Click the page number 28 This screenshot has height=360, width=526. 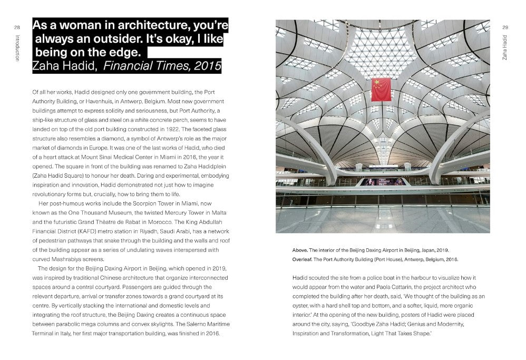click(17, 27)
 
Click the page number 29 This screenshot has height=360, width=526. click(505, 27)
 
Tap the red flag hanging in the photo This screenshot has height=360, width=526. click(381, 90)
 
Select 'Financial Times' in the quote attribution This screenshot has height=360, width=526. click(139, 66)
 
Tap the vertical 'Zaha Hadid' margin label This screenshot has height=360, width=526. click(505, 48)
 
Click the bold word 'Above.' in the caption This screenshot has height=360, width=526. click(301, 250)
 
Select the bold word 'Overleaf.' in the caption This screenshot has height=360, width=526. click(304, 259)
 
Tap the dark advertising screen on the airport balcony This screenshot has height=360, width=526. click(384, 182)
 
